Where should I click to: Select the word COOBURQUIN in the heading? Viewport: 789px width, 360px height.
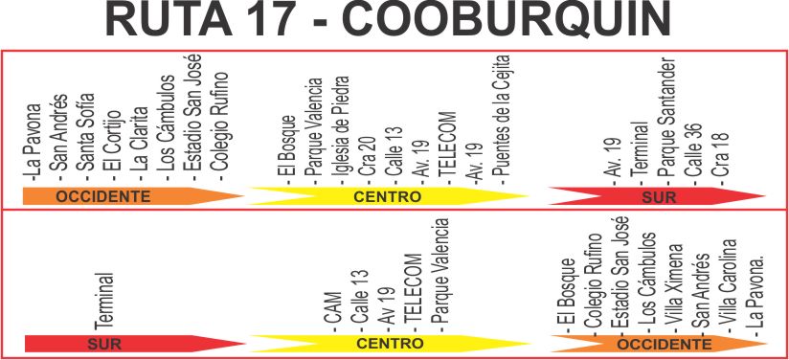507,19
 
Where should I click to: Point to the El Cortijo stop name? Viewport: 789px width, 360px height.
112,144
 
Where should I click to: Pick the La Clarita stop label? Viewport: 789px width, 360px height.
140,143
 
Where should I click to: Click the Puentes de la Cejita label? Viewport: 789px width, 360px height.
501,117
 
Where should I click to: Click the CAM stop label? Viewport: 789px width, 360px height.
332,312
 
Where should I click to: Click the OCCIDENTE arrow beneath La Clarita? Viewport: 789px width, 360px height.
133,196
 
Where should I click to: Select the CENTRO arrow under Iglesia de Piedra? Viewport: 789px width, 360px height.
388,196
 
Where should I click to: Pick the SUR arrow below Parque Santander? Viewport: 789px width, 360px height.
657,196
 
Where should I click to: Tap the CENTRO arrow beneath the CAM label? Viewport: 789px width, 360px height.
389,344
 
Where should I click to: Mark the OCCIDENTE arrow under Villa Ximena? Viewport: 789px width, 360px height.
659,344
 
